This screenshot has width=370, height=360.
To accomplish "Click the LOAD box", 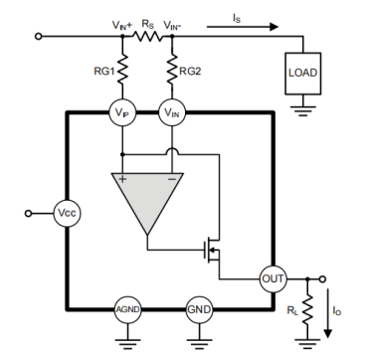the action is [303, 74].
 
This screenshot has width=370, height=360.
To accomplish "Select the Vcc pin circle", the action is [68, 213].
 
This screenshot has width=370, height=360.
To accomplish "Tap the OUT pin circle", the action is [274, 279].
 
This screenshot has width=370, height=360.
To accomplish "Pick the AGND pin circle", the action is [128, 309].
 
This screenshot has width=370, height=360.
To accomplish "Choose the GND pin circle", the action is [199, 309].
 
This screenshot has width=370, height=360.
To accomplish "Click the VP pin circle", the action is [122, 112].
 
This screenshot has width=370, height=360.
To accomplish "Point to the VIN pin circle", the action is [172, 112].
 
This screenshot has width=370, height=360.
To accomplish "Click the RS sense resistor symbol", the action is [147, 37].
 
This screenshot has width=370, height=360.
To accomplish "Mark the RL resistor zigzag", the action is [307, 309].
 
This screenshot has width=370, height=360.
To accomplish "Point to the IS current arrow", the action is [243, 27].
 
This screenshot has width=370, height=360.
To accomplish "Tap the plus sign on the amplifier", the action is [122, 179].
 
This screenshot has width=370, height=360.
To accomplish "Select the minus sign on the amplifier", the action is [172, 179].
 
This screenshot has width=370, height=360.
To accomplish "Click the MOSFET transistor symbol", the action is [212, 250].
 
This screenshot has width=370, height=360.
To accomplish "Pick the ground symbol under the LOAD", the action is [303, 110].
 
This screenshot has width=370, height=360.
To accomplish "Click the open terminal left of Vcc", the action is [29, 214].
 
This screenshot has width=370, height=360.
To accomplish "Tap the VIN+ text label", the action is [122, 25].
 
